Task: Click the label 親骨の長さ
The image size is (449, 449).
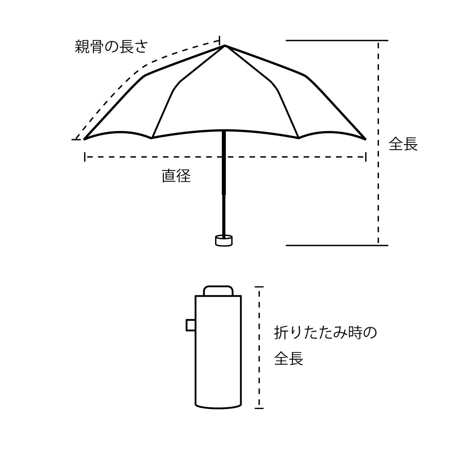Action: coord(111,47)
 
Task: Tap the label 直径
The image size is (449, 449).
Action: coord(176,176)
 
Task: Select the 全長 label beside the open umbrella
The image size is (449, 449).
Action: coord(403,144)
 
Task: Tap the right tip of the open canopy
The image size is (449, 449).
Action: coord(365,138)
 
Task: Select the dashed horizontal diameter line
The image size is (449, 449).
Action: coord(292,157)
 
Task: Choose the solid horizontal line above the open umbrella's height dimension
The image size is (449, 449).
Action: coord(337,40)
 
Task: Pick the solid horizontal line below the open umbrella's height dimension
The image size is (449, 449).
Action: coord(337,245)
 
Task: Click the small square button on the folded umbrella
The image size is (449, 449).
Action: coord(190,325)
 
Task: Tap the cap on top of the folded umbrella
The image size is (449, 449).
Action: coord(218,290)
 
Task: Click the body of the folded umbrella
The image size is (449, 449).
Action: coord(218,355)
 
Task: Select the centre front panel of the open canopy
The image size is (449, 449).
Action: coord(224,103)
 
